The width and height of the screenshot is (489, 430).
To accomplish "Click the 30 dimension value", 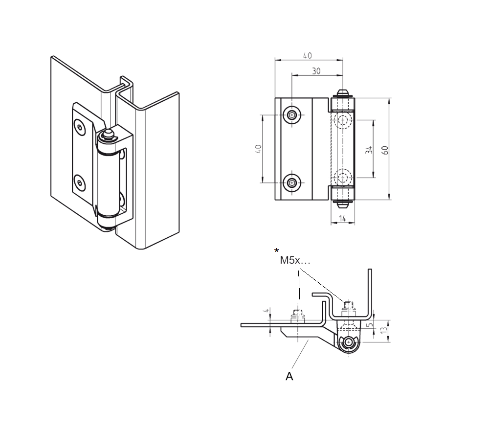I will (x=316, y=71).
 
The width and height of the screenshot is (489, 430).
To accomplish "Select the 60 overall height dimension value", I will (x=386, y=150).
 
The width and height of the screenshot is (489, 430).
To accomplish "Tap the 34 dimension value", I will (x=369, y=150).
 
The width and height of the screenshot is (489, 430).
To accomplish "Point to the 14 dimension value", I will (x=343, y=219).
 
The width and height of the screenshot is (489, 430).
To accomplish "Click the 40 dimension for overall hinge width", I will (x=307, y=56).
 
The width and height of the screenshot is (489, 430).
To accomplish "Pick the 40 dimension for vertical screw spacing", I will (x=259, y=149).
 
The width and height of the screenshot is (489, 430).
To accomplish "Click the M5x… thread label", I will (x=295, y=261).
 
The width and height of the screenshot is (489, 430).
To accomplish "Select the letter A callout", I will (x=289, y=376).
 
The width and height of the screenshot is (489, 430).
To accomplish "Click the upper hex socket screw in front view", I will (x=292, y=115).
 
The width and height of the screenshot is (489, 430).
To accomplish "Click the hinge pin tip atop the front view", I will (x=343, y=92).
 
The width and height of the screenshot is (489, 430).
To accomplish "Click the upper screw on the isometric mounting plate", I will (x=80, y=127).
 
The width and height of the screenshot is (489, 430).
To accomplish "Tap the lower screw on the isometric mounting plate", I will (x=79, y=183).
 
